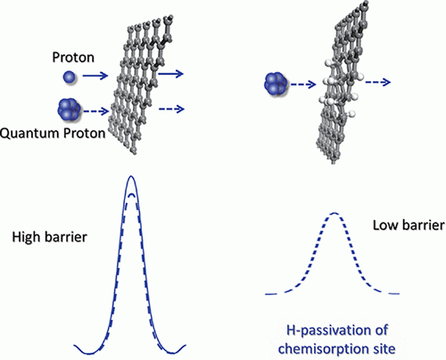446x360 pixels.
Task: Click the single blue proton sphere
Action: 70,78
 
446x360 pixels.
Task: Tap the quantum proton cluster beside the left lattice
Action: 69,110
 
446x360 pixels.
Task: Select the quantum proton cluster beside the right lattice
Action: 276,84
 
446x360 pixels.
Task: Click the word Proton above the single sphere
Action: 73,57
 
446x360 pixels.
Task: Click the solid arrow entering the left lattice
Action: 95,76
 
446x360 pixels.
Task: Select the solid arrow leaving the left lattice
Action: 170,73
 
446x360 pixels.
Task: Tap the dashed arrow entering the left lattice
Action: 96,111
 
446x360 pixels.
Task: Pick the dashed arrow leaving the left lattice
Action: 171,109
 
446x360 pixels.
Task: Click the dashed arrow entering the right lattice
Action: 303,85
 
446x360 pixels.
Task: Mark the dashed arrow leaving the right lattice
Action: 378,82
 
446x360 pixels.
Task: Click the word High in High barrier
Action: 25,237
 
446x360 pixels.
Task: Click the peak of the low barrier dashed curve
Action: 334,213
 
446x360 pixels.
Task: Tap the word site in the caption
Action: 384,348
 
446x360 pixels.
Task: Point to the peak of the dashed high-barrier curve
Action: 131,195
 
